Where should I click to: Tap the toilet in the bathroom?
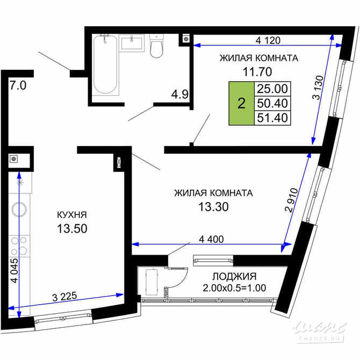[157, 47]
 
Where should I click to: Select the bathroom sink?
[132, 42]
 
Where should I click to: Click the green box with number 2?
[241, 103]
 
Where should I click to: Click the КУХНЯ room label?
[72, 215]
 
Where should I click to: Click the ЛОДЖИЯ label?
[233, 277]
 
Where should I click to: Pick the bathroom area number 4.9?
[179, 95]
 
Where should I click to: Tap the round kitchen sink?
[20, 210]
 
